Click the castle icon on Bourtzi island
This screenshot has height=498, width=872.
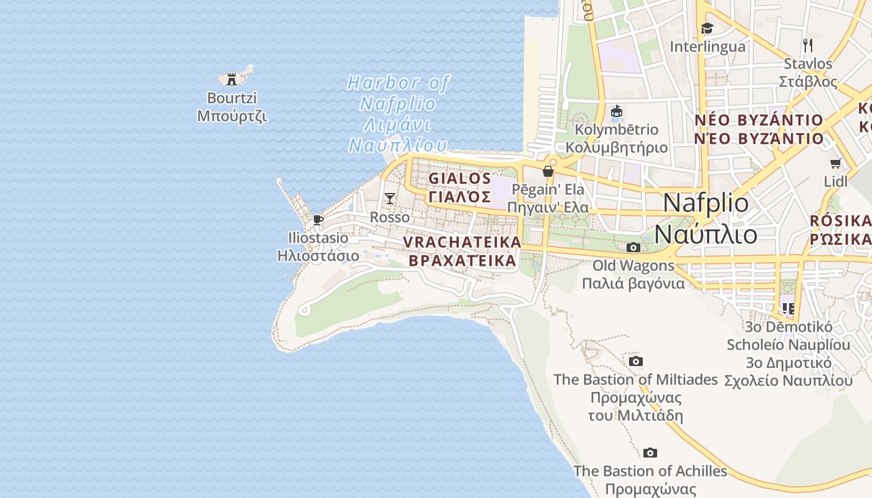click(232, 79)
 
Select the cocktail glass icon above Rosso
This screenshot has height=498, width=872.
click(390, 199)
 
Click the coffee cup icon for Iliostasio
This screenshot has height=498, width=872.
click(318, 220)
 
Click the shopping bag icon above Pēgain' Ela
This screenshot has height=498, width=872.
click(548, 171)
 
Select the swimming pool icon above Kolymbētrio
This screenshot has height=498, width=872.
click(617, 111)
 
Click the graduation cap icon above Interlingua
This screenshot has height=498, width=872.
click(707, 28)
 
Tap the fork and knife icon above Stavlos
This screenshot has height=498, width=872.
click(808, 45)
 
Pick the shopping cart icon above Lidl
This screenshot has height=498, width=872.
click(835, 164)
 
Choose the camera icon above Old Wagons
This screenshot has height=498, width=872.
click(633, 248)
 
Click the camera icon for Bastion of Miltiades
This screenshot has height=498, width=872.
click(635, 362)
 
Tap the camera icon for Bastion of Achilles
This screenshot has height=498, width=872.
click(650, 453)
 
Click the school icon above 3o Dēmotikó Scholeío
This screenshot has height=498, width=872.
click(788, 308)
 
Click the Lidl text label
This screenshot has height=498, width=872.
click(835, 182)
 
